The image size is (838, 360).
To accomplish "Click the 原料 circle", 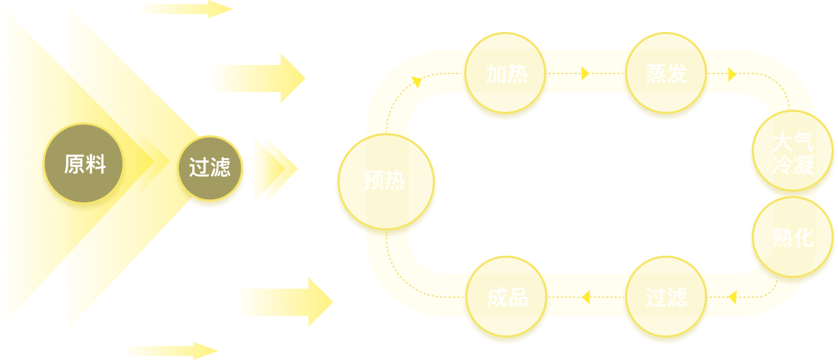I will (84, 164).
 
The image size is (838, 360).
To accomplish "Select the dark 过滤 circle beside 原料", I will (210, 168).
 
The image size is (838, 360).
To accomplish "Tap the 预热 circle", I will (384, 181).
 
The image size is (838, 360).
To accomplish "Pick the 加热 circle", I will (506, 73).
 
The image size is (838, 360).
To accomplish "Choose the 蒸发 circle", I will (666, 73).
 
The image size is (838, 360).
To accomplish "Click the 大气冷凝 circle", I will (792, 152).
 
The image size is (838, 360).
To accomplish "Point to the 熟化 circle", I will (792, 237).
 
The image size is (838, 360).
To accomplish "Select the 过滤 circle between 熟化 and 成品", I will (666, 297).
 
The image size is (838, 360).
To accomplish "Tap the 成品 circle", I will (507, 297).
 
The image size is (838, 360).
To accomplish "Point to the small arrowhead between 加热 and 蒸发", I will (585, 73).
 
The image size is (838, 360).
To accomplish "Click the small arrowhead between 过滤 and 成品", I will (586, 297).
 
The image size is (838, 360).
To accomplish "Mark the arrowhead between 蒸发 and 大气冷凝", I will (732, 74).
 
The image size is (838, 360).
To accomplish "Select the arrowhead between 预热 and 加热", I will (416, 81).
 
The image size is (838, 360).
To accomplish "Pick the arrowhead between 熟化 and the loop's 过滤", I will (732, 297).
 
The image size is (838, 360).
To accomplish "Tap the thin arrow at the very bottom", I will (170, 351).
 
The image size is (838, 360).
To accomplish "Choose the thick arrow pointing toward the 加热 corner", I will (257, 78).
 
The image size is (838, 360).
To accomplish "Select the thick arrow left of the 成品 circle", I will (284, 302).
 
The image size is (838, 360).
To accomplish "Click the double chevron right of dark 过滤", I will (274, 170).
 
